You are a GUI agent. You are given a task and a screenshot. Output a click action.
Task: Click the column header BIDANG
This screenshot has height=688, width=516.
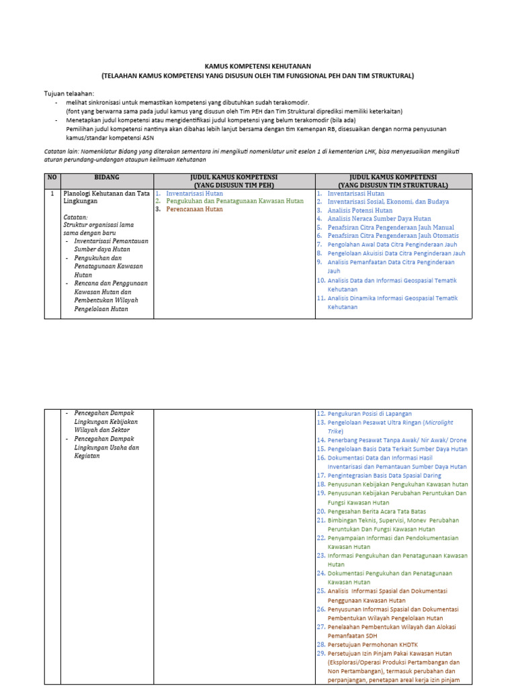[x=107, y=177]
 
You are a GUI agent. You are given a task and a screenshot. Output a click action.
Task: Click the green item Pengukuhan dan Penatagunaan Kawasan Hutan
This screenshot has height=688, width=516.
[x=234, y=201]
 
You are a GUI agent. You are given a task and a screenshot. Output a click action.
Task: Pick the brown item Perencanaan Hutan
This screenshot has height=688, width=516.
[x=194, y=210]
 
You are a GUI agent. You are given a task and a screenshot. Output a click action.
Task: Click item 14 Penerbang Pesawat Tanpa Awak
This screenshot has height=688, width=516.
[x=396, y=440]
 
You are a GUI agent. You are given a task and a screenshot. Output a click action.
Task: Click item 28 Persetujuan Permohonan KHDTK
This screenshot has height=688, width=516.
[x=370, y=644]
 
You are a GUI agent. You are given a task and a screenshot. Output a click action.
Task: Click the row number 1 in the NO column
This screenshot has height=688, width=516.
[x=52, y=193]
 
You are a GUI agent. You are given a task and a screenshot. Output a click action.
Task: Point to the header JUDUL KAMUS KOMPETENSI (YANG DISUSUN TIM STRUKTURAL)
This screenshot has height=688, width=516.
[x=393, y=181]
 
